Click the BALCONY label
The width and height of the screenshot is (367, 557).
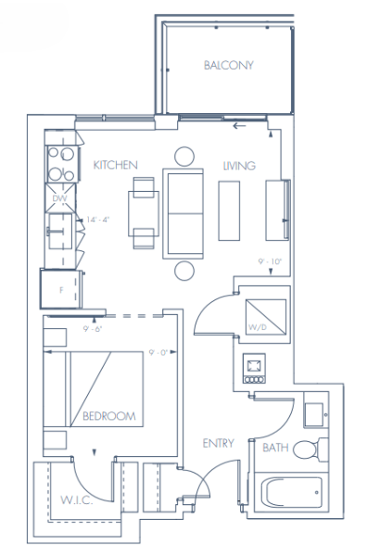(x=228, y=65)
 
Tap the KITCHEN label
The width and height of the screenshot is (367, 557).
(x=116, y=165)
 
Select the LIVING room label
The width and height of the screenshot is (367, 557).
(x=239, y=165)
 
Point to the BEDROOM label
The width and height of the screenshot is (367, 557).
(x=109, y=417)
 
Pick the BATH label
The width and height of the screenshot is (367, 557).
(x=275, y=448)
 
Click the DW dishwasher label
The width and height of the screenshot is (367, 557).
(x=59, y=198)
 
